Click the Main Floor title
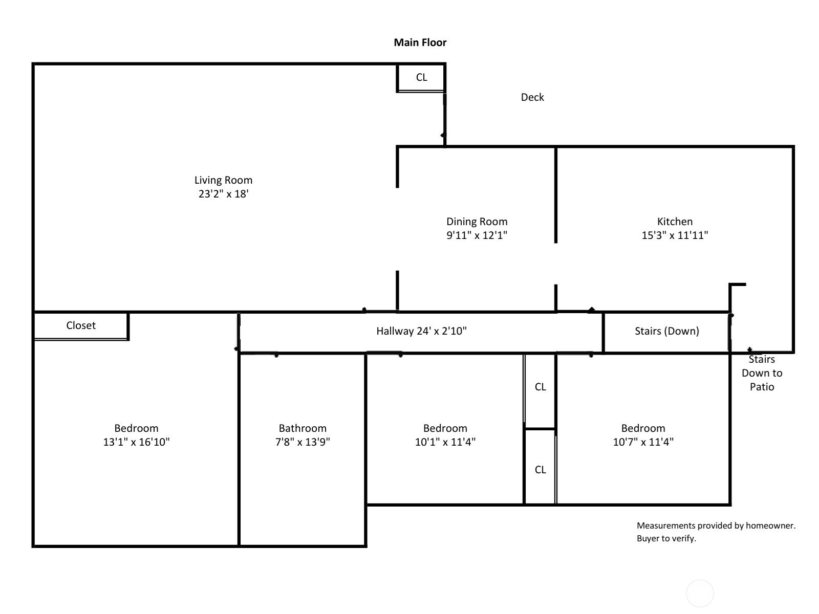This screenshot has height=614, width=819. (420, 42)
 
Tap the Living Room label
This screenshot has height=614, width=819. (223, 180)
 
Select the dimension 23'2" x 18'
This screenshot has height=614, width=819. (223, 194)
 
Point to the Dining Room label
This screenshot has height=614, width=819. (477, 222)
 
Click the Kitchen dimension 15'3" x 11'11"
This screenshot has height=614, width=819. (675, 235)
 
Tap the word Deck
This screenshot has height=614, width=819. (532, 97)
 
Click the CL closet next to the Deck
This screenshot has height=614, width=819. (421, 78)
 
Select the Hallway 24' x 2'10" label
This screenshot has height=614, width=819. (421, 331)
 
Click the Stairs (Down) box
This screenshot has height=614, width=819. (666, 331)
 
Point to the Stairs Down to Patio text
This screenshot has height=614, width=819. (762, 373)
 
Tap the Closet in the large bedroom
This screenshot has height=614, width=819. (81, 325)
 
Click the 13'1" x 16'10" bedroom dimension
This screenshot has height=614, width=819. (136, 442)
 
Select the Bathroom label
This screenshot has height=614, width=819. (303, 428)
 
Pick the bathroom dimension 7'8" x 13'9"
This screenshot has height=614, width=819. (303, 442)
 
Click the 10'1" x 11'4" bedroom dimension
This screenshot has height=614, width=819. (445, 442)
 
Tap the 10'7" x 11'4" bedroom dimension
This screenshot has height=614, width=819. (643, 442)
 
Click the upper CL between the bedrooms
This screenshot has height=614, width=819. (540, 387)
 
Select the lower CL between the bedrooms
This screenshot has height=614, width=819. (540, 470)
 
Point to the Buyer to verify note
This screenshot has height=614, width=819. (666, 538)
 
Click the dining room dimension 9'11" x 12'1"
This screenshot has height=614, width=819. (477, 235)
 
